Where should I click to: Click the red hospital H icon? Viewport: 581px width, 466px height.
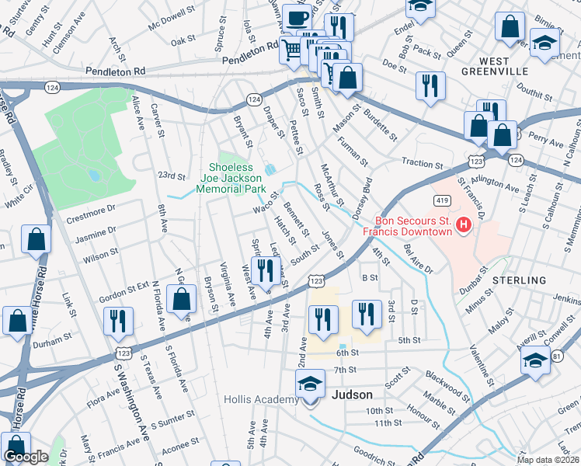tap(464, 226)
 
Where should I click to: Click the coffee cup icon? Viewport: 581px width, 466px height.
tap(296, 17)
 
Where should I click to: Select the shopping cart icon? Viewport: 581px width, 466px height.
tap(291, 50)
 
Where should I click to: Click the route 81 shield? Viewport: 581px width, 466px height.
tap(556, 356)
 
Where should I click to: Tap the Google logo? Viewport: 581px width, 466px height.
tap(26, 457)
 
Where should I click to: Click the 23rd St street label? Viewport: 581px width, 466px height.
tap(172, 176)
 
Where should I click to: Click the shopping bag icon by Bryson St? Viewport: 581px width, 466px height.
tap(181, 298)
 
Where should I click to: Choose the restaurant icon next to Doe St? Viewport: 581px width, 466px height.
tap(430, 85)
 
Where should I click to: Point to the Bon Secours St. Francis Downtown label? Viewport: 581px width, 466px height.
tap(414, 226)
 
